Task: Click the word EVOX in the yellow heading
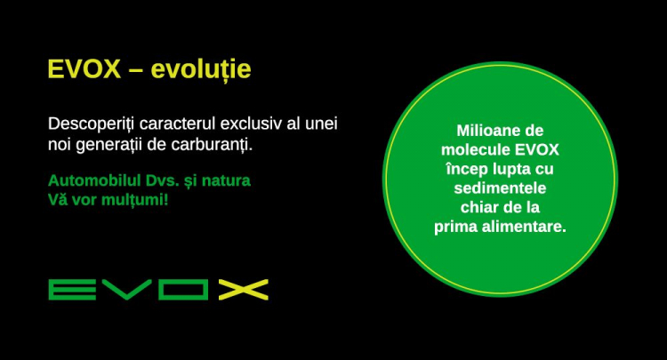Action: click(84, 68)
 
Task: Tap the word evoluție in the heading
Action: click(201, 69)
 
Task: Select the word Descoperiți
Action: click(92, 124)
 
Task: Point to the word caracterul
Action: click(177, 124)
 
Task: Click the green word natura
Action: click(226, 180)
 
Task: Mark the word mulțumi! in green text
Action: click(135, 200)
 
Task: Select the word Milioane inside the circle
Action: click(483, 131)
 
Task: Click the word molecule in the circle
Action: click(476, 149)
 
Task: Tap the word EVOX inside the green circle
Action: click(537, 149)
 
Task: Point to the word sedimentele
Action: click(500, 188)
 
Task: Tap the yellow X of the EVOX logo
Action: click(244, 290)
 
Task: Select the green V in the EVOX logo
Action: click(127, 290)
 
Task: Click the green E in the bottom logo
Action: click(72, 290)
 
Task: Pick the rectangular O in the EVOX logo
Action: click(183, 290)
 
